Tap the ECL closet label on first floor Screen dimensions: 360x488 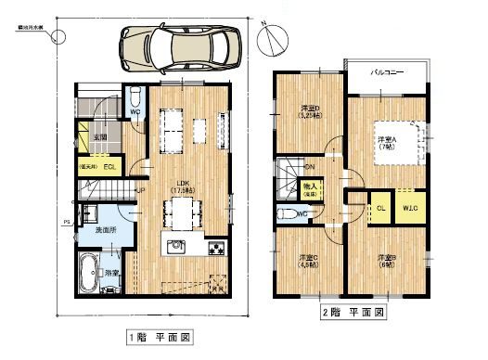coord(109,167)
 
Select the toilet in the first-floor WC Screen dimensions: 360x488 coord(135,97)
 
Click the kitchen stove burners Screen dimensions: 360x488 coord(216,248)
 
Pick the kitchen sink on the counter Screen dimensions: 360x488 coord(176,248)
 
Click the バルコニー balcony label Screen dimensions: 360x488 coord(385,71)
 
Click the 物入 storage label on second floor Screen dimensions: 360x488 coord(311,189)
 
